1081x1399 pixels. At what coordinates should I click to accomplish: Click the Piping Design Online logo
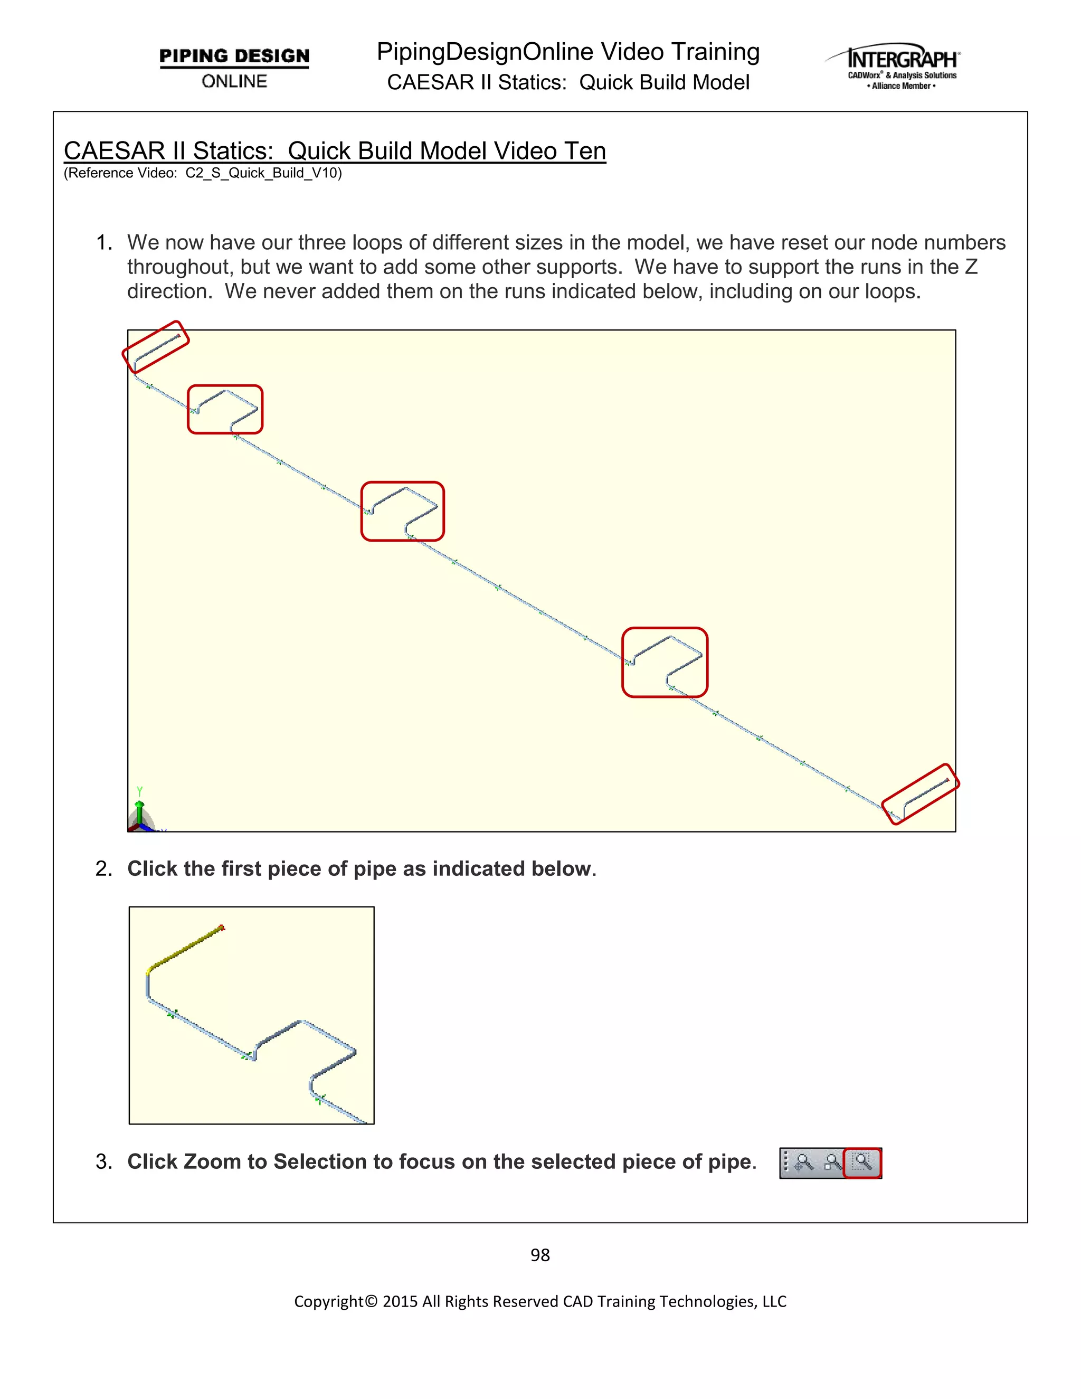[x=234, y=67]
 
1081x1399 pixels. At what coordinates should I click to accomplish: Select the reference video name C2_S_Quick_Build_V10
[x=263, y=173]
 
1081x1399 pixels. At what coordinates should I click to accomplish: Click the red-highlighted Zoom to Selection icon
[x=862, y=1162]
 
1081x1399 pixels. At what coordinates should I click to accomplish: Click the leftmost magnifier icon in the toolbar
[x=804, y=1162]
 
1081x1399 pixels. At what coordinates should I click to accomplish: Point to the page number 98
[x=540, y=1255]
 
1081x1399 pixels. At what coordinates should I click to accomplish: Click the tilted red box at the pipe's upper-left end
[x=156, y=346]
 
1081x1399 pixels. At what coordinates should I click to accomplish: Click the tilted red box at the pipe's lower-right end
[x=920, y=793]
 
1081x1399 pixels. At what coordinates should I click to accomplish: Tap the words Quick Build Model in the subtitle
[x=664, y=83]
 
